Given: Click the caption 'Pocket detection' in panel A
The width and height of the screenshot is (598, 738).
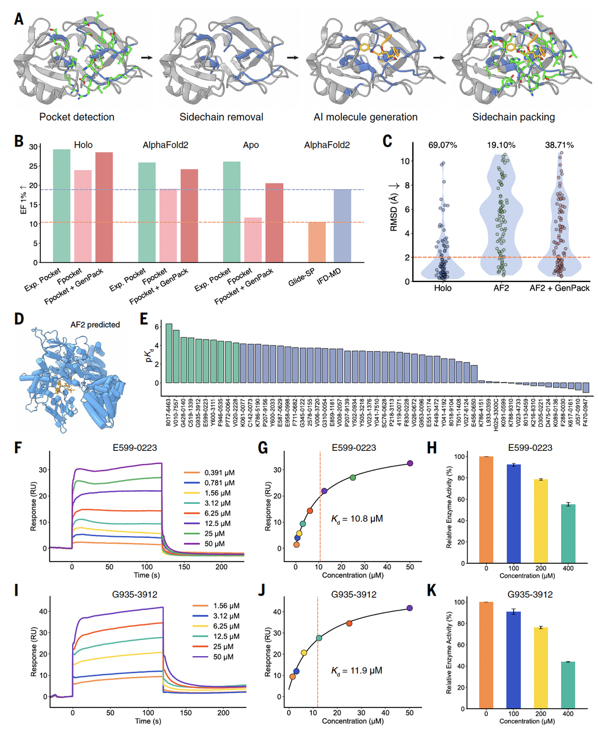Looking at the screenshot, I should click(x=77, y=117).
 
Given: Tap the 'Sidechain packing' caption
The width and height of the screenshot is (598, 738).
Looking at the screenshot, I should click(x=513, y=117).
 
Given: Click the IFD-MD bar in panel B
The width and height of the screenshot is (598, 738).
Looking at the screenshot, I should click(x=343, y=225).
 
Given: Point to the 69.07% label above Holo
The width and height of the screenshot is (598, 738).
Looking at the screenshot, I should click(x=443, y=145).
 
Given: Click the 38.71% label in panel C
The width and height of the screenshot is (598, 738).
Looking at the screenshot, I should click(x=559, y=145).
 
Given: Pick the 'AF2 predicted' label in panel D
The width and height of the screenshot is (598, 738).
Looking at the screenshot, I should click(x=95, y=325).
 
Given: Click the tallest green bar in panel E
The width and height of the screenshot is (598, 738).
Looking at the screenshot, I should click(x=169, y=353).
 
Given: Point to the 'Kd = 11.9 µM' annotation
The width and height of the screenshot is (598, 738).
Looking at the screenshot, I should click(x=356, y=671).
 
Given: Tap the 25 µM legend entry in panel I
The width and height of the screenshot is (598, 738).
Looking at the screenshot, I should click(x=218, y=646).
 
